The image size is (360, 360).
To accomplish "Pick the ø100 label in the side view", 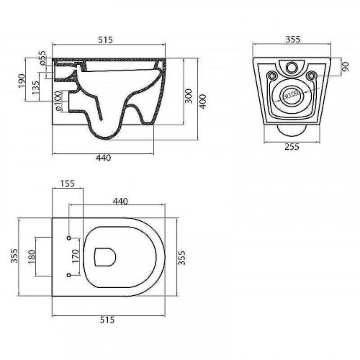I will pos(57,104).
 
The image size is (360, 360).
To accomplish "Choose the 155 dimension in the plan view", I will pos(69,185).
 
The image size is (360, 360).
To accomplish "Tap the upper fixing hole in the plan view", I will pos(69,237).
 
